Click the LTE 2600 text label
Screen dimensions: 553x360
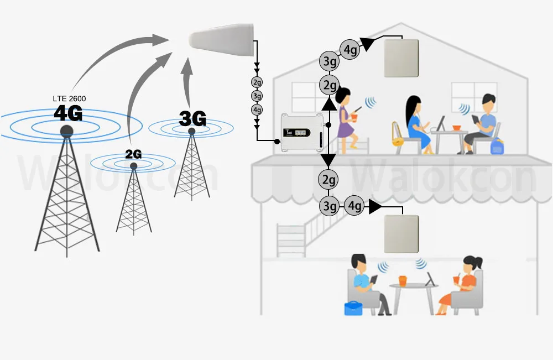click(x=69, y=98)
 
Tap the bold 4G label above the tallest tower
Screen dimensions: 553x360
click(x=68, y=113)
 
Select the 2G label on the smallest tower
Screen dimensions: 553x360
click(x=133, y=154)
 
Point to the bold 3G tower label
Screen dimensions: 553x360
click(x=192, y=118)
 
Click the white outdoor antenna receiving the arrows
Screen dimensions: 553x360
click(x=222, y=41)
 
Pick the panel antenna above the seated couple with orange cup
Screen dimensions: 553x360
click(x=402, y=233)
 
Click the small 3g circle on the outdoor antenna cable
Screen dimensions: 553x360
click(x=257, y=96)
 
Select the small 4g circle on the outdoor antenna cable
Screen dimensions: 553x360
click(x=257, y=109)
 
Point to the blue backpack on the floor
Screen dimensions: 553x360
click(x=496, y=146)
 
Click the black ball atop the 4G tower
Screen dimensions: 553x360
click(x=66, y=131)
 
